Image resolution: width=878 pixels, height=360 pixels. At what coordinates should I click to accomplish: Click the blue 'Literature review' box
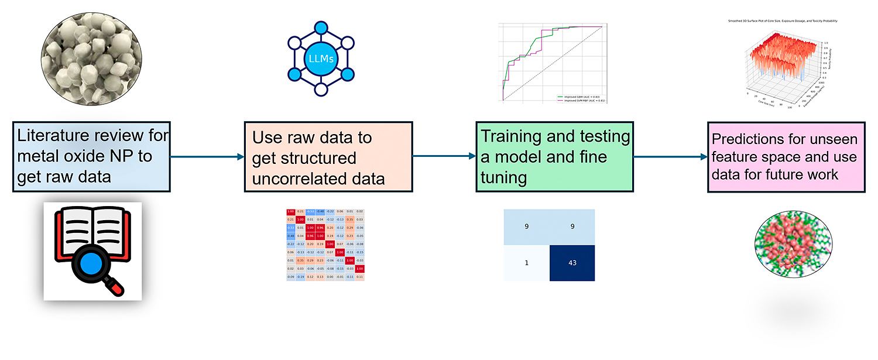click(91, 156)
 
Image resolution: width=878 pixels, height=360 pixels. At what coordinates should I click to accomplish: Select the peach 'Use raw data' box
click(328, 157)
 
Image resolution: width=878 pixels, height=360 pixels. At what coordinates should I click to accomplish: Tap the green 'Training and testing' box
click(555, 157)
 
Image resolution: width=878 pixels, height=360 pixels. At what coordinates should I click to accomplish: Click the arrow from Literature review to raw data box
click(207, 157)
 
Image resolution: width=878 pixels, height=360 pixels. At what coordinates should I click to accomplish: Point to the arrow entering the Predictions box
click(670, 157)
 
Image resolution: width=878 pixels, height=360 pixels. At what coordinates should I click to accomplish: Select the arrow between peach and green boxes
click(443, 157)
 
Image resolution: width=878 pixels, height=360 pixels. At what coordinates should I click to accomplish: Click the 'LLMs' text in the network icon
click(321, 59)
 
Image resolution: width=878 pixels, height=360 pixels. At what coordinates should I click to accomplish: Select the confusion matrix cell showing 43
click(572, 263)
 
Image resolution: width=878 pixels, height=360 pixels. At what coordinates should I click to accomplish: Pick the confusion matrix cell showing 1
click(527, 263)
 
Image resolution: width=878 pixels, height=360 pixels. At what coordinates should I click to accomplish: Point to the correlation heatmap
click(325, 244)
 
